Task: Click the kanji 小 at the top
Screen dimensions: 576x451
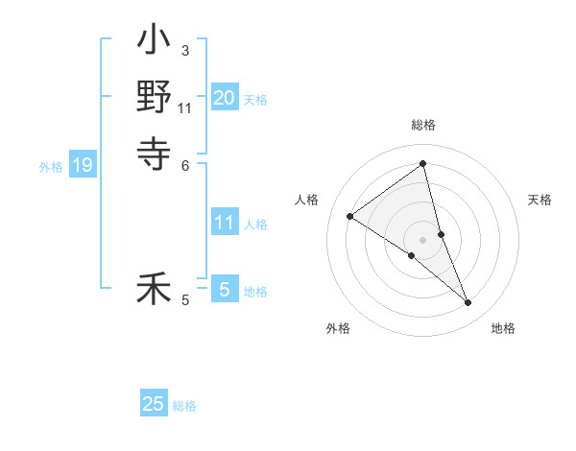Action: click(154, 43)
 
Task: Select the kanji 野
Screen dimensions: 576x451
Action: click(154, 98)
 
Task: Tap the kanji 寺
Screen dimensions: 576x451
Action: click(154, 152)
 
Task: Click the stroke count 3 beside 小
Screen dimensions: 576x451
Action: click(184, 51)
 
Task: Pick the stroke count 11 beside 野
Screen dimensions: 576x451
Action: click(185, 107)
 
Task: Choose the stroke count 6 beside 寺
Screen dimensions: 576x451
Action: click(185, 164)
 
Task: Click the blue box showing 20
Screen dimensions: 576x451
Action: click(225, 97)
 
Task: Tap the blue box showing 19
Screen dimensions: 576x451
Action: click(83, 165)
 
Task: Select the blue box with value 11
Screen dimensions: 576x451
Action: click(225, 223)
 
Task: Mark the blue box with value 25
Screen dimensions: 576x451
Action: click(154, 404)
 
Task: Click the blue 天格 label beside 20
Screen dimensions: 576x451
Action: click(255, 99)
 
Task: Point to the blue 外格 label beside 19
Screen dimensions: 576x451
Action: click(51, 167)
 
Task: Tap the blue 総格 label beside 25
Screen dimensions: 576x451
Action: click(184, 406)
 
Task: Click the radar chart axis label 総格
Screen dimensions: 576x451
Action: click(423, 125)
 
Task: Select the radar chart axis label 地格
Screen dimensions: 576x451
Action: click(503, 328)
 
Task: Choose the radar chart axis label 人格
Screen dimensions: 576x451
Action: click(306, 200)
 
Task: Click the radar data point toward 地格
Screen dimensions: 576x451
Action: click(468, 303)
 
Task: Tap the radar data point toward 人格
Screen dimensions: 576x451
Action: click(349, 216)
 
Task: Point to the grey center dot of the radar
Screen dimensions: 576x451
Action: click(423, 239)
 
